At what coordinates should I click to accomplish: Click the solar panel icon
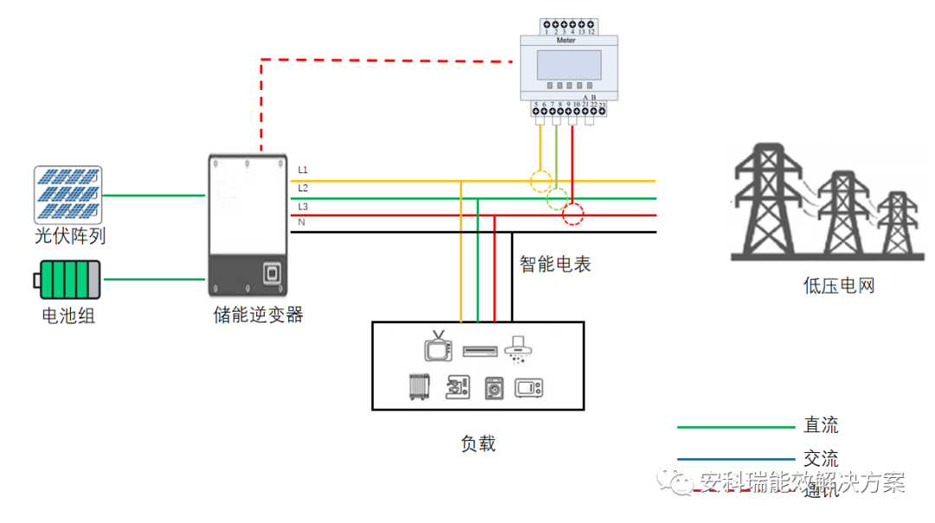tap(68, 195)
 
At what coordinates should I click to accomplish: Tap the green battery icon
tap(68, 280)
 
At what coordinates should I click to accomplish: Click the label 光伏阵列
tap(70, 236)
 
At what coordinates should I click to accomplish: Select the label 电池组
tap(68, 316)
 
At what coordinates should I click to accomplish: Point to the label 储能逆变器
tap(258, 314)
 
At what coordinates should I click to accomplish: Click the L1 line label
tap(303, 170)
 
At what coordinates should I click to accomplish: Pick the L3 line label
tap(303, 206)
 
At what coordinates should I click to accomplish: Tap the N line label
tap(301, 223)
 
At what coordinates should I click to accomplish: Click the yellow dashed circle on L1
tap(541, 181)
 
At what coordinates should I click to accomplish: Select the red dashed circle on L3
tap(573, 214)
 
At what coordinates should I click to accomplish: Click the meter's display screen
tap(569, 65)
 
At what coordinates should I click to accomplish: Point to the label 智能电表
tap(555, 265)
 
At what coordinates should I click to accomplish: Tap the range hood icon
tap(518, 347)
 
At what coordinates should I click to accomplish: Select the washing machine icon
tap(493, 387)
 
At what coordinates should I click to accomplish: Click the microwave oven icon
tap(528, 387)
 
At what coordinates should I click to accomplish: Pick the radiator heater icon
tap(419, 386)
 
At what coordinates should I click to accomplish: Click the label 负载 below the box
tap(478, 443)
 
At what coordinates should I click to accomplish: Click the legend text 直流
tap(821, 426)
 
